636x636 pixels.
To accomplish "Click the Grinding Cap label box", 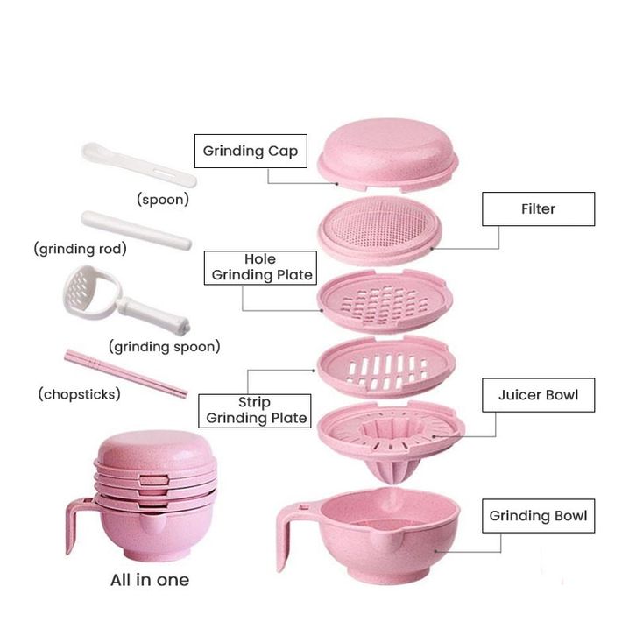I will click(250, 151).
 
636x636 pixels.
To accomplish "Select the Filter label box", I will click(538, 209).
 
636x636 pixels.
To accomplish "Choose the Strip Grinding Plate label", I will click(253, 409).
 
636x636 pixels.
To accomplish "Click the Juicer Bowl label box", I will click(538, 395).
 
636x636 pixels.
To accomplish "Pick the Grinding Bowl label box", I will click(538, 515).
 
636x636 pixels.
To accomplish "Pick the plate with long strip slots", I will click(385, 366).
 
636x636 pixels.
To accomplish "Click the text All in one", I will click(149, 580).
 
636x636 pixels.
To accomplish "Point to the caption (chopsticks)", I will click(79, 394).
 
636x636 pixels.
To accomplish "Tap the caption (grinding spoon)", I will click(164, 347).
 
